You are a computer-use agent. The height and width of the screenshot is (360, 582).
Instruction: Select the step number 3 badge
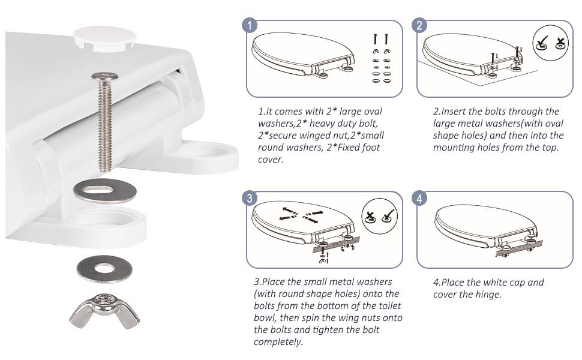click(250, 198)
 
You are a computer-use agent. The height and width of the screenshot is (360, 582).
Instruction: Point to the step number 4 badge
click(420, 198)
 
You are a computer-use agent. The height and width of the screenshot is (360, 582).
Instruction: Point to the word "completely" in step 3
click(277, 342)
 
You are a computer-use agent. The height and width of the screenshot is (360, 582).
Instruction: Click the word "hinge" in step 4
click(489, 294)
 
